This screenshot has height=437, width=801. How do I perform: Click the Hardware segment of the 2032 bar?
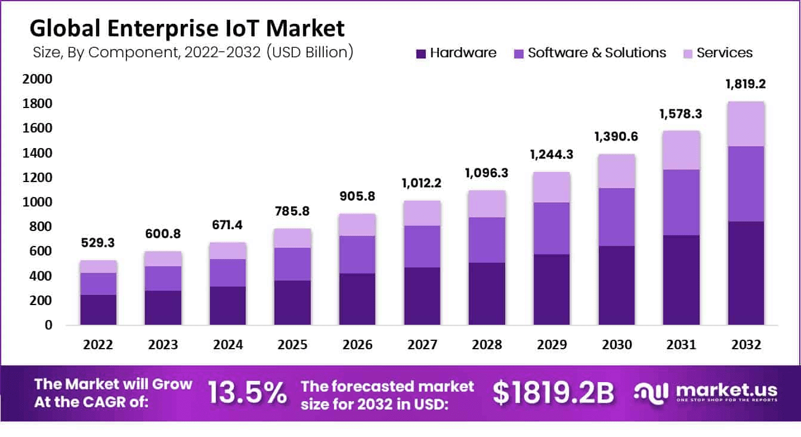745,273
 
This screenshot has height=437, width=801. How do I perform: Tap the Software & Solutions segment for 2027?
421,247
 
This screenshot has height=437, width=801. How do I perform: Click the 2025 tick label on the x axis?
292,345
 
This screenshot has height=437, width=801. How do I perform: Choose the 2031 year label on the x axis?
680,345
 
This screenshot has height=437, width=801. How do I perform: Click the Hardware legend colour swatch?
420,54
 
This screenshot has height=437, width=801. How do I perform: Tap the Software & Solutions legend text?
596,53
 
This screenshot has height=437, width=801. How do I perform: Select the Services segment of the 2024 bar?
227,251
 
